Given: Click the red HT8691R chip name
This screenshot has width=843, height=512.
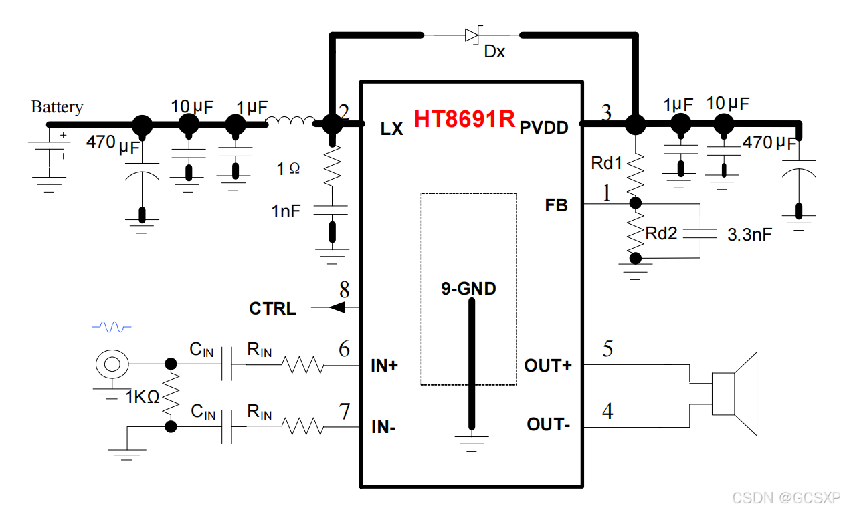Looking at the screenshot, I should (464, 118).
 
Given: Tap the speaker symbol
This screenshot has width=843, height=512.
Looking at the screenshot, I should (735, 394).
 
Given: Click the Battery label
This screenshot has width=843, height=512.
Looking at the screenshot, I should (57, 107).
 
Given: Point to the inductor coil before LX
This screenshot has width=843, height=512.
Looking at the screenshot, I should (290, 121).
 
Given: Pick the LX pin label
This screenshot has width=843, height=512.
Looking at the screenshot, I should (392, 129).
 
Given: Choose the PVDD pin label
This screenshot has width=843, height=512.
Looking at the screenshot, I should (544, 128).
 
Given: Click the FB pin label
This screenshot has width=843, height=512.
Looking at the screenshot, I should (556, 205).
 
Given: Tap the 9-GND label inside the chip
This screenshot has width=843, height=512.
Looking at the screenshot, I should (468, 289).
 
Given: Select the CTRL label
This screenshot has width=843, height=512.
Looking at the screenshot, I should (272, 309).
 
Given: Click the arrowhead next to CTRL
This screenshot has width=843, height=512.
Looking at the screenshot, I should (338, 307).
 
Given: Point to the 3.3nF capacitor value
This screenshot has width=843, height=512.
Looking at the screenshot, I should (749, 235).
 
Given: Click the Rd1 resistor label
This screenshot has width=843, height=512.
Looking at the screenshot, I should (606, 163).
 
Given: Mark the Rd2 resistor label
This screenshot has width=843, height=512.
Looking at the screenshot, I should (661, 233).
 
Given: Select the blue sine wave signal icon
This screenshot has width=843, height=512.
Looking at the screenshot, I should (111, 327).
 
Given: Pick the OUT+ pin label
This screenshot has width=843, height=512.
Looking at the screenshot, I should (548, 366).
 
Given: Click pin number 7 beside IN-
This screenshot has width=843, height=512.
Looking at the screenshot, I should (344, 412).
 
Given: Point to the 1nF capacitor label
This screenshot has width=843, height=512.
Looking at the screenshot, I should (286, 211).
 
